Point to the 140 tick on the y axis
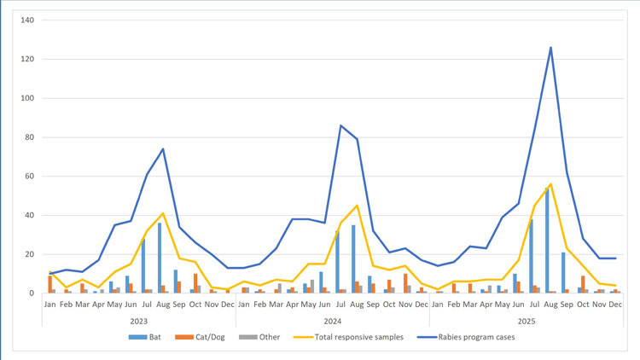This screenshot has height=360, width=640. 26,20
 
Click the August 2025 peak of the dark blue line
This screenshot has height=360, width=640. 550,48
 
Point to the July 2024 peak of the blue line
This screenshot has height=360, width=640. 340,125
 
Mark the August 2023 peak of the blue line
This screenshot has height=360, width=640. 162,149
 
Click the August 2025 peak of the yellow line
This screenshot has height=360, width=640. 550,183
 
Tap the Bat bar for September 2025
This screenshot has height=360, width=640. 563,273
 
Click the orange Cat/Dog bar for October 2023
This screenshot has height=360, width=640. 195,283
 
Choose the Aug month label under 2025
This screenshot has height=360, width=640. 550,304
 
